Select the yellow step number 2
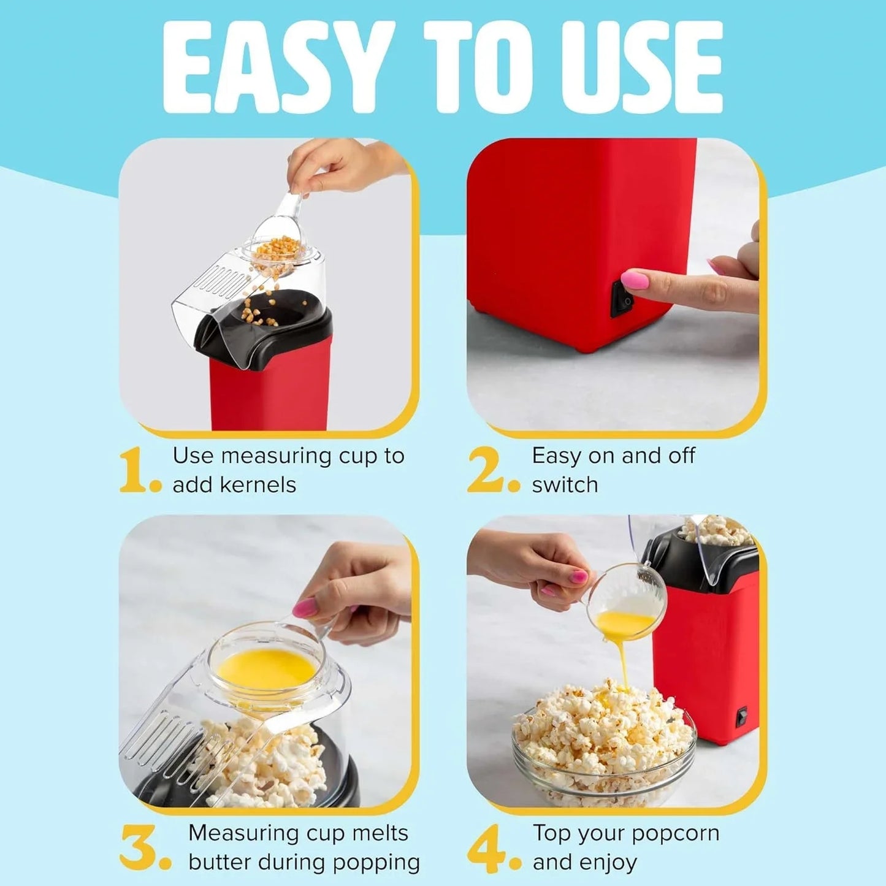tap(487, 470)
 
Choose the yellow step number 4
tap(487, 847)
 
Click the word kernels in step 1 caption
tap(258, 484)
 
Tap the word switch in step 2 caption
tap(565, 484)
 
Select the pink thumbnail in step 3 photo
tap(305, 608)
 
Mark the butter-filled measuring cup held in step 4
tap(628, 604)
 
